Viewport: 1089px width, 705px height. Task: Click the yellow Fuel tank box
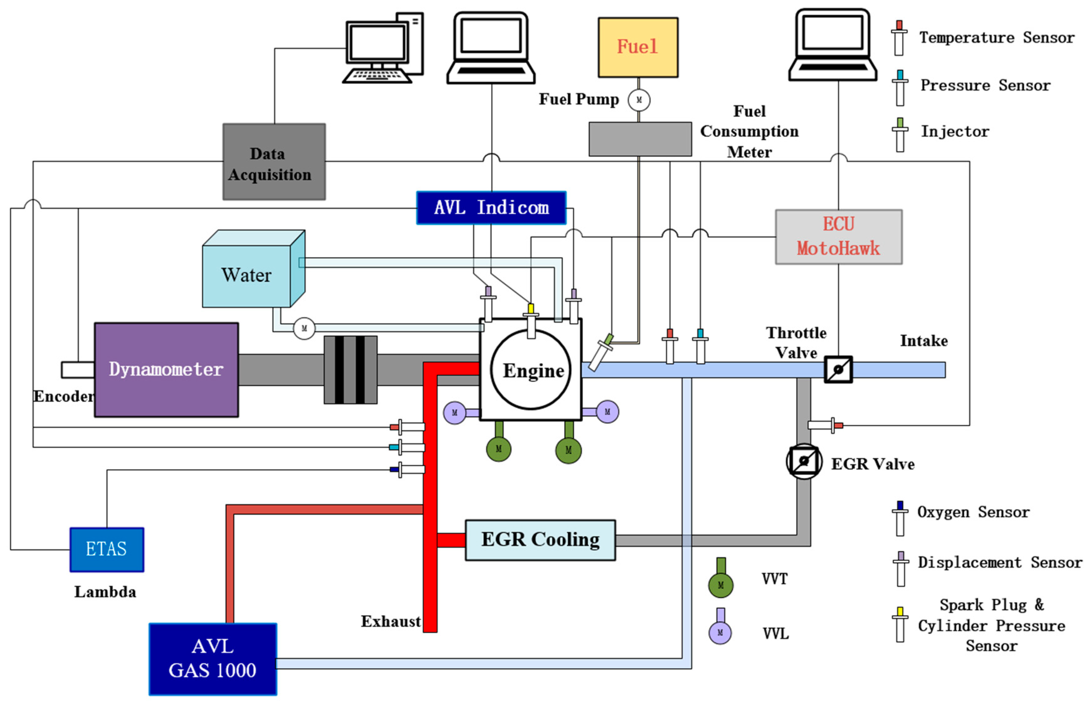[x=638, y=47]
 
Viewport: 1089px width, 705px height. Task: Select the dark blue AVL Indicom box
[x=491, y=208]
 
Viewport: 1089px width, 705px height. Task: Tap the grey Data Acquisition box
[x=274, y=162]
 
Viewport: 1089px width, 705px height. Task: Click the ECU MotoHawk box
[x=838, y=237]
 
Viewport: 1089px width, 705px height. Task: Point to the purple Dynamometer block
[x=166, y=369]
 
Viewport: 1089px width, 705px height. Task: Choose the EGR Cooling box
[x=540, y=540]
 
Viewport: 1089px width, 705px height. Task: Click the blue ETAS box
[x=107, y=549]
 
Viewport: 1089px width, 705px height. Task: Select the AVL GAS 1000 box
[x=213, y=659]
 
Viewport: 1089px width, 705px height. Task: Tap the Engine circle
[x=531, y=370]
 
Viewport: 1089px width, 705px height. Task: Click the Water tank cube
[x=247, y=274]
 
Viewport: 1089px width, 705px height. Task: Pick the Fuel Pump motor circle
[x=639, y=100]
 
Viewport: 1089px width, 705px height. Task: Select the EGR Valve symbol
[x=804, y=461]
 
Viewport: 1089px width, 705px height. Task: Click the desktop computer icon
[x=383, y=48]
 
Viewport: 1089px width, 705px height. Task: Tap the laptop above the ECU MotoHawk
[x=832, y=46]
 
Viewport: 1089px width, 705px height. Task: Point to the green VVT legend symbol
[x=721, y=579]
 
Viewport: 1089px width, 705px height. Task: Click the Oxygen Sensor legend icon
[x=900, y=518]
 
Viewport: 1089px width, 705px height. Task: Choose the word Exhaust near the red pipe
[x=390, y=621]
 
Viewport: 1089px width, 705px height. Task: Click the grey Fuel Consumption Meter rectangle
[x=640, y=139]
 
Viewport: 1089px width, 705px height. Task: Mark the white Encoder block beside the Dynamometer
[x=78, y=370]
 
